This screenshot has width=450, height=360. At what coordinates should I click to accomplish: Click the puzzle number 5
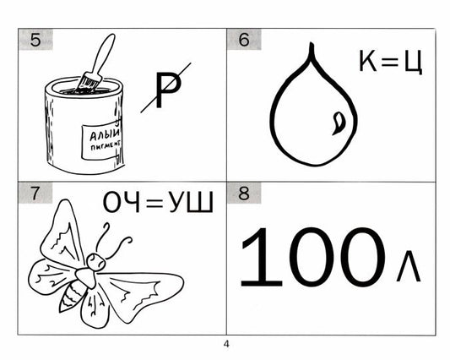point(35,40)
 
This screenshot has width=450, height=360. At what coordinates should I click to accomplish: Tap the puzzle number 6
point(244,40)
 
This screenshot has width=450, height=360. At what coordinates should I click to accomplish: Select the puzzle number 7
point(35,194)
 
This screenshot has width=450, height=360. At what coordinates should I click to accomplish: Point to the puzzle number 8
point(244,194)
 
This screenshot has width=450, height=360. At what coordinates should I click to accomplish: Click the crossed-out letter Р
point(168,90)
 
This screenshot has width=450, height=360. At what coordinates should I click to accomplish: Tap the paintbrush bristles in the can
point(89,82)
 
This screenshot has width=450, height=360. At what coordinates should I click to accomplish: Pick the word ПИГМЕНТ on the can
point(106,145)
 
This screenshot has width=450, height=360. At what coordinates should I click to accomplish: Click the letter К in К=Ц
point(367,61)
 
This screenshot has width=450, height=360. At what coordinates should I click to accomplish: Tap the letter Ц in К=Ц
point(413,63)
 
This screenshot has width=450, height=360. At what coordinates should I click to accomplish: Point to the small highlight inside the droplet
point(339,123)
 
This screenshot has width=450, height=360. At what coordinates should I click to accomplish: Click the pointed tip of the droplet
point(311,44)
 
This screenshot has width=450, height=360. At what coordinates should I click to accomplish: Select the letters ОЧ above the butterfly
point(121,202)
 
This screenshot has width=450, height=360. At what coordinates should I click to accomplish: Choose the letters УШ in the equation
point(191,202)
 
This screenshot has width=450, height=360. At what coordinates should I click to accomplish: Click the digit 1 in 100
point(261,257)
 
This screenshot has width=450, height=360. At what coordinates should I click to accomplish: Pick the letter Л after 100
point(409,266)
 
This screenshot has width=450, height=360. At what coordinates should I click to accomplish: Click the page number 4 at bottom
point(226,344)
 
